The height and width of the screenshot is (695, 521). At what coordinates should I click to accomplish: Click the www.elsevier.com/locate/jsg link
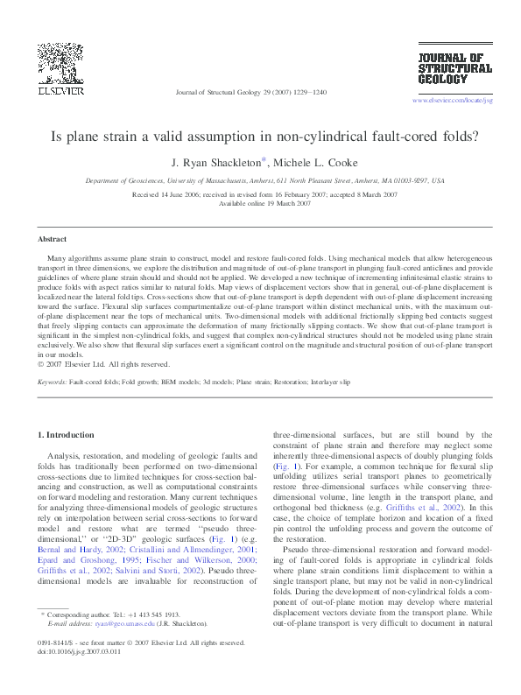coord(452,101)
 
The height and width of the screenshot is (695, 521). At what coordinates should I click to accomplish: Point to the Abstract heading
coord(53,238)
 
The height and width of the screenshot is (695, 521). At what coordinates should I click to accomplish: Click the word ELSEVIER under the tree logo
coord(60,89)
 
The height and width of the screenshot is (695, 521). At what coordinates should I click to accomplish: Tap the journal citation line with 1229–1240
coord(251,91)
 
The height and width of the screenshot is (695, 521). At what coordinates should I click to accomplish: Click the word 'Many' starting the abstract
coord(59,260)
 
